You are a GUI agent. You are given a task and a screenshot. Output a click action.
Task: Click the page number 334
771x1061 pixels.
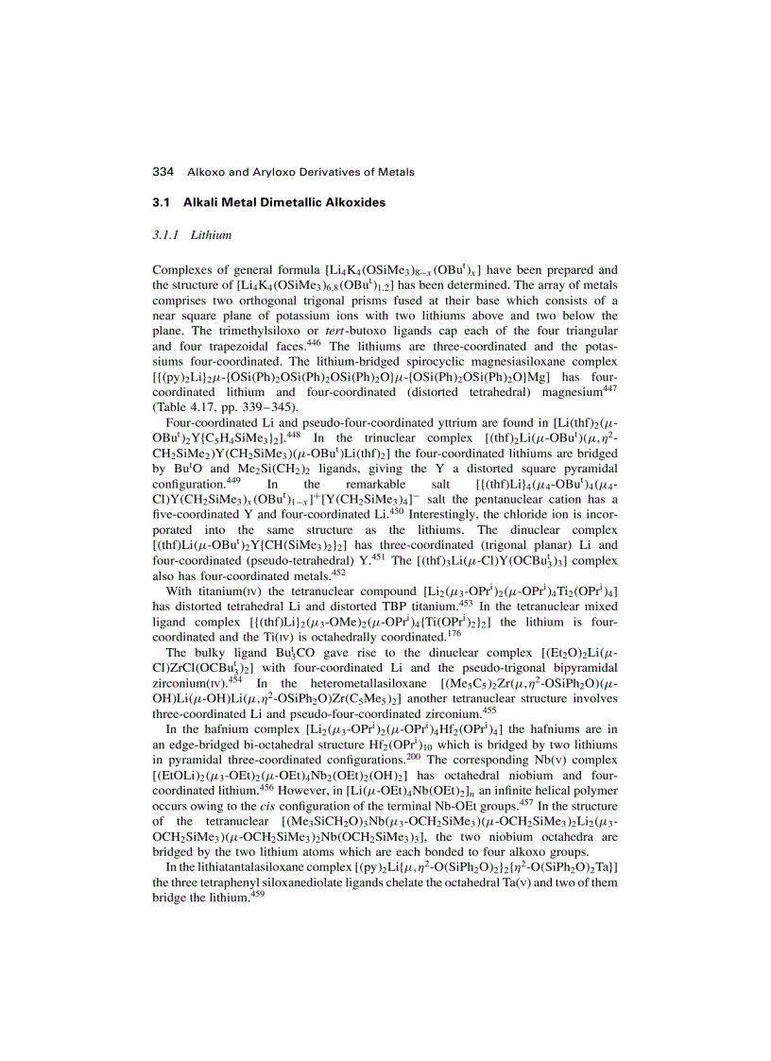[163, 172]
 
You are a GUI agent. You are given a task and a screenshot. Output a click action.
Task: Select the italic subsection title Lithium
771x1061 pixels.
[211, 233]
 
